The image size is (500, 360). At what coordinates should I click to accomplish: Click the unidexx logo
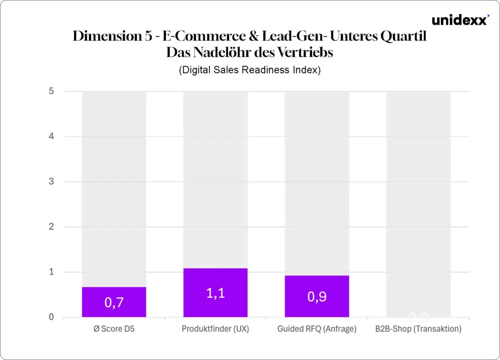tap(459, 21)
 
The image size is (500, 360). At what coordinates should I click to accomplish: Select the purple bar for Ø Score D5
tap(114, 302)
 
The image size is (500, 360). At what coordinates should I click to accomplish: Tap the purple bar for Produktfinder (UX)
tap(215, 293)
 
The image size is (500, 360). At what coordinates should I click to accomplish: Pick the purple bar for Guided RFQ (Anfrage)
tap(317, 296)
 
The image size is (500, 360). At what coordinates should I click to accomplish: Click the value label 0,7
tap(114, 302)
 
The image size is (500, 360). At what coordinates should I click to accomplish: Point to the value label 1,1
tap(215, 294)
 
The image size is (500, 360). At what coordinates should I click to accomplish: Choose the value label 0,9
tap(317, 296)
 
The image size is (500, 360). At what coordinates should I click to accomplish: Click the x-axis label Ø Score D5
tap(114, 329)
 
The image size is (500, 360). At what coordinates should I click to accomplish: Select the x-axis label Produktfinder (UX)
tap(215, 329)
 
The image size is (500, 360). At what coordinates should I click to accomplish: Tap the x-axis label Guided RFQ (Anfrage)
tap(317, 329)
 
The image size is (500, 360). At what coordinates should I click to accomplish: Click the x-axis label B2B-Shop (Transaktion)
tap(418, 329)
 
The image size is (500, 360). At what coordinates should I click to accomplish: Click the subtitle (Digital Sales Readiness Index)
tap(250, 70)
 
